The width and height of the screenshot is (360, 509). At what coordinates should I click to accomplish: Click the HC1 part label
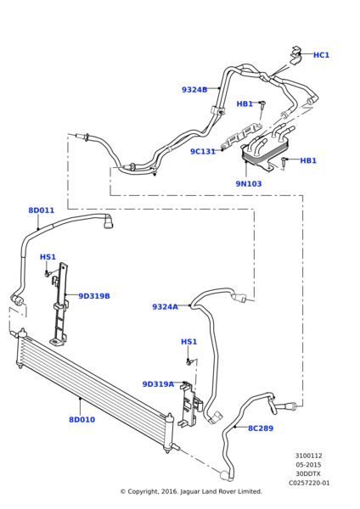(x=321, y=55)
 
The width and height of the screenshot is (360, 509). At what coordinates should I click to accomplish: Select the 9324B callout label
(x=194, y=90)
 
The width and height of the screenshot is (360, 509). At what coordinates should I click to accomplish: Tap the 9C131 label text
(x=203, y=152)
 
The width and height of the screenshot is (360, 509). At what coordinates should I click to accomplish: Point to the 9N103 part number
(x=249, y=184)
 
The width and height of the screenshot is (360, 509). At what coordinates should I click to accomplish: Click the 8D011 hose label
(x=42, y=210)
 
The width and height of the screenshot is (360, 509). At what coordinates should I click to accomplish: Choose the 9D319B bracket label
(x=94, y=296)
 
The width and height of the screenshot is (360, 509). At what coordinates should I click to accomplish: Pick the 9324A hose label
(x=165, y=307)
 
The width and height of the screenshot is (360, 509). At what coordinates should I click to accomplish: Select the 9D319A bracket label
(x=158, y=384)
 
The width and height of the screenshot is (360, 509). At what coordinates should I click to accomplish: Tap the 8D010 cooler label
(x=82, y=420)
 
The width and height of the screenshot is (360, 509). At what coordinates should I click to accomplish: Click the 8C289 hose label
(x=261, y=428)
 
